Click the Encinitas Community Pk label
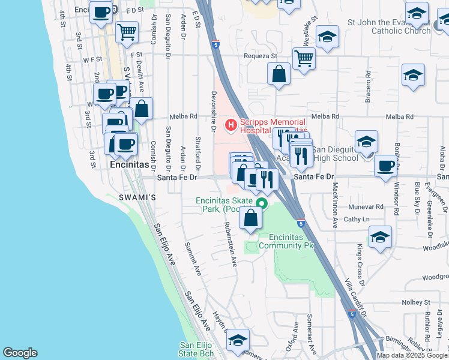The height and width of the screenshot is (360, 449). point(291,242)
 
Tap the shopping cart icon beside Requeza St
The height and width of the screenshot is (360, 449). point(304,59)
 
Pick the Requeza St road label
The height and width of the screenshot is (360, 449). point(260,56)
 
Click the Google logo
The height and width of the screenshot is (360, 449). point(20,353)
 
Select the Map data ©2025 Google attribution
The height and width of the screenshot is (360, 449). point(411,355)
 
